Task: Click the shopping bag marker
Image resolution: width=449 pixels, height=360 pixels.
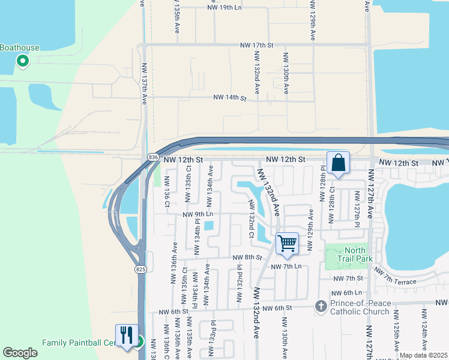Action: [338, 163]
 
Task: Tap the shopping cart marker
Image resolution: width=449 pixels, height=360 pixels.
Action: [288, 244]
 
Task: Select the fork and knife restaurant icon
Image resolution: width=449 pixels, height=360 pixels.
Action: [126, 335]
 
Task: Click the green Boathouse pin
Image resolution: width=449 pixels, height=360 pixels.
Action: [23, 61]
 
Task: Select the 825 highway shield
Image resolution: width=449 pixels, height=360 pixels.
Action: [140, 269]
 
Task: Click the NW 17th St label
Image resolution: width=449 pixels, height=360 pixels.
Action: [256, 45]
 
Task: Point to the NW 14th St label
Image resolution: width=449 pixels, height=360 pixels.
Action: [231, 97]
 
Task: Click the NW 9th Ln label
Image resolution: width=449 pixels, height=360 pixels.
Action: [198, 214]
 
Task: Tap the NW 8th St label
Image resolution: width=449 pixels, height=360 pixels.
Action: [248, 257]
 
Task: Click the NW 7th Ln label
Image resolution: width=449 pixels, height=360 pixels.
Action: [286, 266]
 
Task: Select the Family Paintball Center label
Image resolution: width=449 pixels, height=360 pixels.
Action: [78, 343]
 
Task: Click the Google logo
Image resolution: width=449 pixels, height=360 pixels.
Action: [20, 353]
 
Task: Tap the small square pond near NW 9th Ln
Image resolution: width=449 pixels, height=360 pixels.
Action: [209, 226]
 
